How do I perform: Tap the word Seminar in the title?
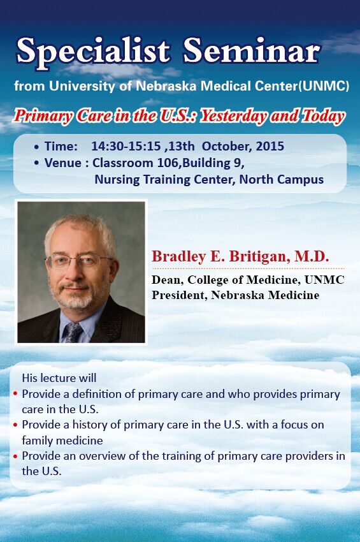pos(252,50)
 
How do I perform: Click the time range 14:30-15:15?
pos(126,146)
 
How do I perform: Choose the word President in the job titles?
pos(179,295)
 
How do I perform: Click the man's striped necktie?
pos(73,332)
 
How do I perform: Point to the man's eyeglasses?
pos(80,260)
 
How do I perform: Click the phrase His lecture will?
pos(59,378)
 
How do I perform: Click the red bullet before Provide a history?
pos(15,425)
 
